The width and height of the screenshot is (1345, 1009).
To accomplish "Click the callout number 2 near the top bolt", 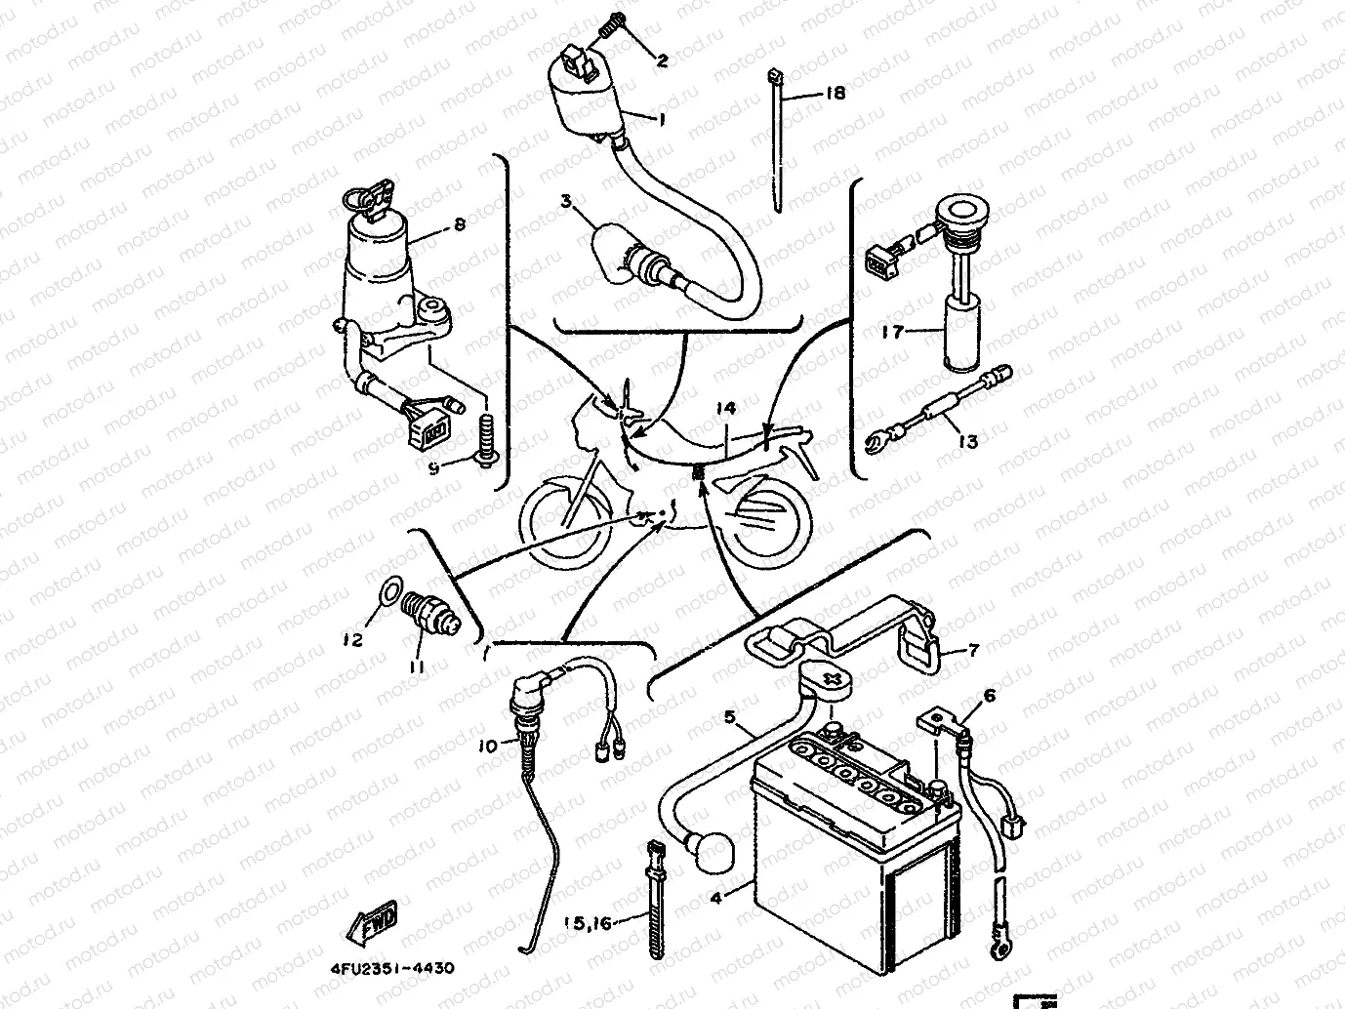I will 662,61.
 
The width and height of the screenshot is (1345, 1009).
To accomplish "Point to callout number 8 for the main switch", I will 460,224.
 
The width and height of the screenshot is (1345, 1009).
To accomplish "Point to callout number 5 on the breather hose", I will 729,717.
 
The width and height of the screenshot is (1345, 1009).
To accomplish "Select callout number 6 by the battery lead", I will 989,696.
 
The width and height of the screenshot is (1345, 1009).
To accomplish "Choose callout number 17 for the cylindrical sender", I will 892,332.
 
